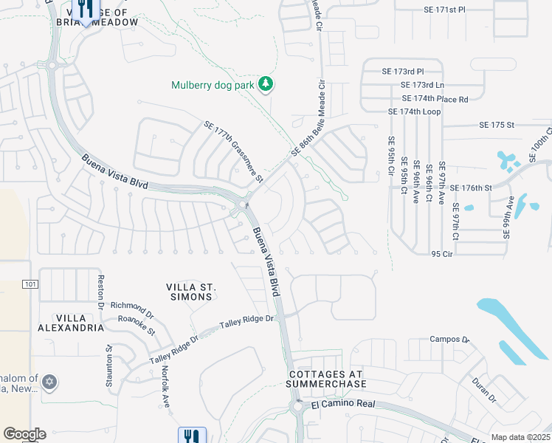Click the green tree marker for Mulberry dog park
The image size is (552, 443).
266,85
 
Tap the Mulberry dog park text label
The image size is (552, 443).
213,85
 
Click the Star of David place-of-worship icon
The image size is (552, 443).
49,382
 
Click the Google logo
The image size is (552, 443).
24,434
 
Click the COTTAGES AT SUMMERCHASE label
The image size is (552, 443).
326,380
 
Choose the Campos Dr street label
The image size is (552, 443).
449,340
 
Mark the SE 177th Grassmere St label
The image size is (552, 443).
233,153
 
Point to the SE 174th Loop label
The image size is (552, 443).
414,111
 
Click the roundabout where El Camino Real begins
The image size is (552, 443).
298,407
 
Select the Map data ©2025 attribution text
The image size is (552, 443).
521,437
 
